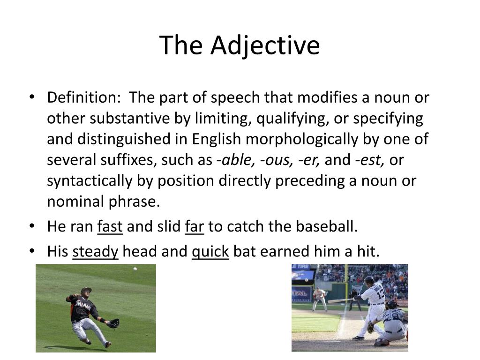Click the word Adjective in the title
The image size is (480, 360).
[265, 45]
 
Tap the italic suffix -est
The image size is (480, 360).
[370, 160]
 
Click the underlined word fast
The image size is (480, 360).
[110, 227]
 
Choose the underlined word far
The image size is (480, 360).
[195, 227]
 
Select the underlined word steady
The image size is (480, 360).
[95, 252]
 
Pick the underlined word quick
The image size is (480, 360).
[210, 252]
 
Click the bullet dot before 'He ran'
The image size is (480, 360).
[32, 226]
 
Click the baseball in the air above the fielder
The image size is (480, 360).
[135, 269]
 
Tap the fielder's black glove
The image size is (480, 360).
[113, 323]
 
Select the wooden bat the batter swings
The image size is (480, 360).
[339, 300]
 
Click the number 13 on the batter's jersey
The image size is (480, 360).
[380, 294]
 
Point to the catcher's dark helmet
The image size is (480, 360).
[391, 305]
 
